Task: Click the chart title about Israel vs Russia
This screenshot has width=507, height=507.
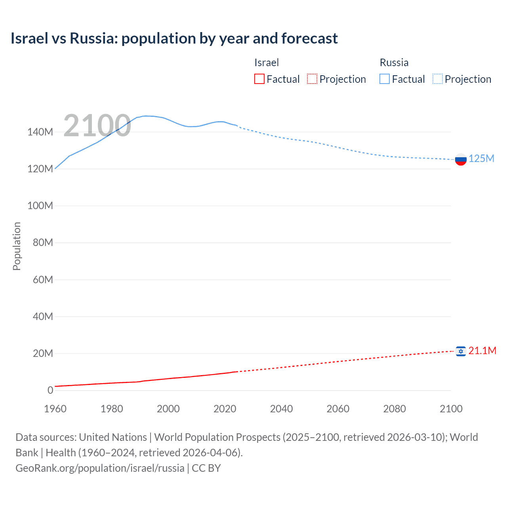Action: (x=174, y=38)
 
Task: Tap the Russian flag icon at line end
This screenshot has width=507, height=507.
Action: (x=461, y=160)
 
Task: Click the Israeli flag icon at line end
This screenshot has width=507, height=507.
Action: (x=461, y=351)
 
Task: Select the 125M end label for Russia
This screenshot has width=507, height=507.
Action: (x=481, y=159)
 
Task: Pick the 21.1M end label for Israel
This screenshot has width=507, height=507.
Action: (x=482, y=351)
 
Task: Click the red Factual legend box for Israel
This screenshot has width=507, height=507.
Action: (x=259, y=79)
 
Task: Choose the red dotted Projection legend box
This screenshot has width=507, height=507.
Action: (x=312, y=79)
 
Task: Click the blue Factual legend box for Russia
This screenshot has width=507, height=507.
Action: (x=385, y=79)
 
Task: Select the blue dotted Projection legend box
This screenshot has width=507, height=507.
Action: (x=438, y=79)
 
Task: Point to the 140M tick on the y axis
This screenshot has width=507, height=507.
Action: (x=40, y=132)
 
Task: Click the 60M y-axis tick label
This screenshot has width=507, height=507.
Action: (x=43, y=280)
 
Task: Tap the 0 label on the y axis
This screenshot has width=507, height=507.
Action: (x=50, y=391)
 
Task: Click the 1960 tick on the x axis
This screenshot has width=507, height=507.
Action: (x=55, y=409)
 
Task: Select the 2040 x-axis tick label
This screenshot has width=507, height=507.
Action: (x=281, y=409)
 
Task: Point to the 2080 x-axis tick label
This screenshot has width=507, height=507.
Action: (x=395, y=409)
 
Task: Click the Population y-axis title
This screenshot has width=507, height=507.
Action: (x=17, y=246)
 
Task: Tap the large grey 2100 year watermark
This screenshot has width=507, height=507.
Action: (x=97, y=126)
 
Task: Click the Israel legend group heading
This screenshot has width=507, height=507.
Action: (x=267, y=63)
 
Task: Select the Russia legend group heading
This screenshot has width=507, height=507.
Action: (x=394, y=63)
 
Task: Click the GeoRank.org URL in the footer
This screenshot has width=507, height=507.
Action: (x=100, y=468)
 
